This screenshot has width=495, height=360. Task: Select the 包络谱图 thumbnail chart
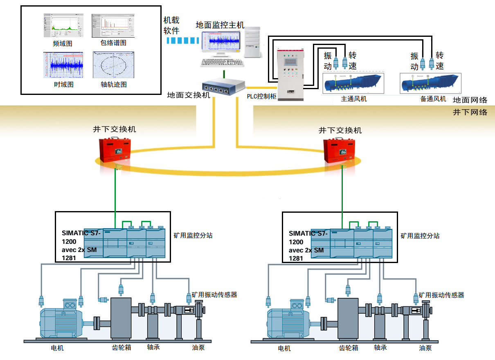pyautogui.click(x=113, y=26)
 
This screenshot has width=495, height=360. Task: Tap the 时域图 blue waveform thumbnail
pyautogui.click(x=63, y=65)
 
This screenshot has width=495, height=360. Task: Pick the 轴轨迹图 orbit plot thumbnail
pyautogui.click(x=113, y=65)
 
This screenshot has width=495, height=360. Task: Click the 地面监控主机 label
pyautogui.click(x=220, y=25)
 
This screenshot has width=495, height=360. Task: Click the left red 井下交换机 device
pyautogui.click(x=116, y=149)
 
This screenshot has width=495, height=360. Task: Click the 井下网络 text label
pyautogui.click(x=470, y=112)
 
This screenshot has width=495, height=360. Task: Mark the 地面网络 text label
pyautogui.click(x=470, y=100)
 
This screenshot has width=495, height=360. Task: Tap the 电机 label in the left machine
pyautogui.click(x=57, y=348)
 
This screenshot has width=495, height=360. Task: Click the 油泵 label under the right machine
pyautogui.click(x=425, y=348)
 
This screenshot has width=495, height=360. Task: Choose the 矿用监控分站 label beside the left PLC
pyautogui.click(x=193, y=236)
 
